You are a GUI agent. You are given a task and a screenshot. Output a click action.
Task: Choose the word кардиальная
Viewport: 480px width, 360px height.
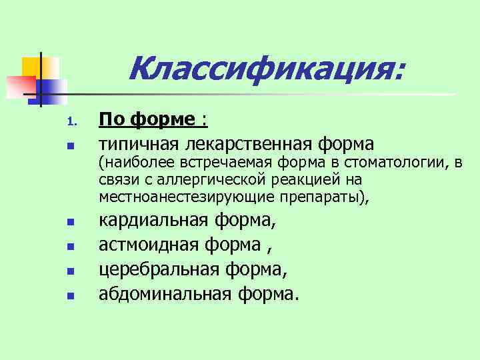tap(155, 221)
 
